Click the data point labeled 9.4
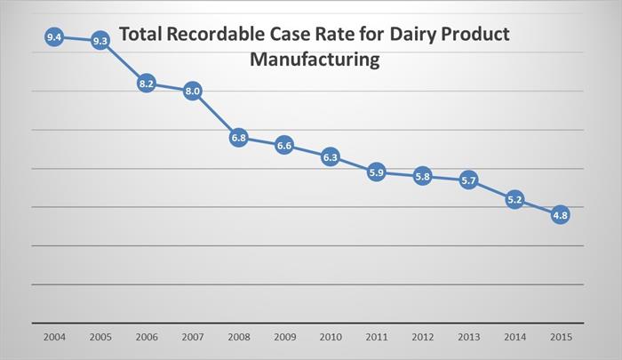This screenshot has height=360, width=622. pos(54,37)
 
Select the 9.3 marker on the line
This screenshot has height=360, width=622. pos(100,41)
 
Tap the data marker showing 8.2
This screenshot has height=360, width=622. pos(147,84)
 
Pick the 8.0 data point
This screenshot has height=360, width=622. pos(193,91)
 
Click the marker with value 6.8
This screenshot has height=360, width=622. pos(238,138)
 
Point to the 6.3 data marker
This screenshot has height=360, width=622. pos(330,157)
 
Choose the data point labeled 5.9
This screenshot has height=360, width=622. pos(376,172)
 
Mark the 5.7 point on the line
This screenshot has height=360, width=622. pos(468,180)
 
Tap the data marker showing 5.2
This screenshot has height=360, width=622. pos(514,200)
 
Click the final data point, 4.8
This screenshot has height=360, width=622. pos(560,214)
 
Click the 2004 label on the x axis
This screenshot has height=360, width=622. pos(54,340)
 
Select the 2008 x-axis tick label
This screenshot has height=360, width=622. pos(238,340)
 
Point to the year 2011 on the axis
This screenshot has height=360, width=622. pos(376,340)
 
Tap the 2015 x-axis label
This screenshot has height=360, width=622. pos(560,340)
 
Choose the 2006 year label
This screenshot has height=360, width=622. pos(147,340)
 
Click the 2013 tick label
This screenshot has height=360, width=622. pos(468,340)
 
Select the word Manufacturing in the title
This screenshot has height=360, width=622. pos(315,60)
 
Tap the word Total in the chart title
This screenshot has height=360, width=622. pos(140,35)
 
